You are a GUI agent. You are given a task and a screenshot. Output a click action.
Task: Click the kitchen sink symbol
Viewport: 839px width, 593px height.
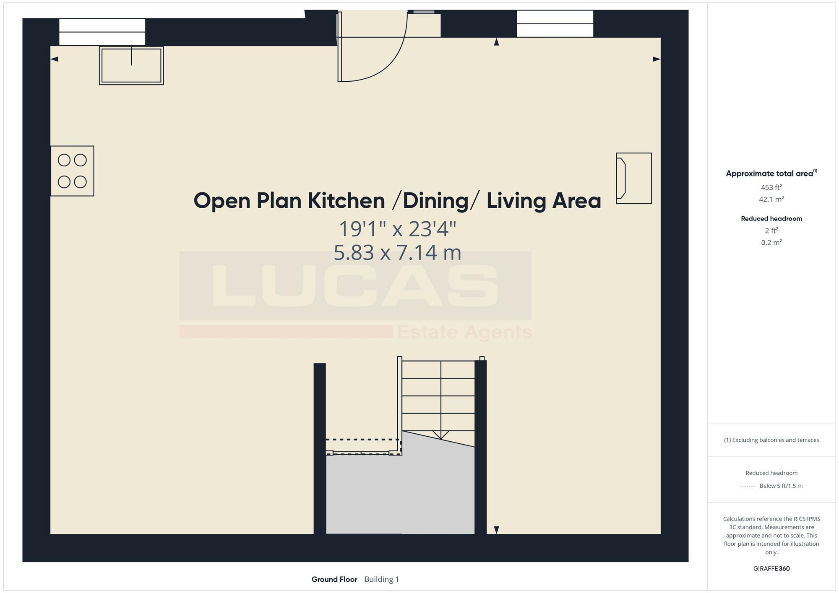click(x=131, y=65)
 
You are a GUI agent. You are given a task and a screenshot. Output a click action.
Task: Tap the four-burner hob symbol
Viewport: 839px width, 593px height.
click(x=72, y=171)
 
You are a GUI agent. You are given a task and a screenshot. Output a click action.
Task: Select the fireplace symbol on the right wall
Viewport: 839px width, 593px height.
click(x=633, y=178)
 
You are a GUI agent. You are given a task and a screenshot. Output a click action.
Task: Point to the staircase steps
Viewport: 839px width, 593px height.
click(x=438, y=396)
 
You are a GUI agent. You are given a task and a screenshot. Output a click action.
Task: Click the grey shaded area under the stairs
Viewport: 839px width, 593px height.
click(x=399, y=495)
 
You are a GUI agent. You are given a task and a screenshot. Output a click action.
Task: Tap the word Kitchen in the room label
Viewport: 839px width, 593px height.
click(x=346, y=201)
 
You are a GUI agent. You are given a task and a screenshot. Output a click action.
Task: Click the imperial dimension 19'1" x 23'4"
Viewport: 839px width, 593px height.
click(x=397, y=229)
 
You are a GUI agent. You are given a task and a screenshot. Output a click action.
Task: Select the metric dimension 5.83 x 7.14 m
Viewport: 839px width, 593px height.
click(x=397, y=253)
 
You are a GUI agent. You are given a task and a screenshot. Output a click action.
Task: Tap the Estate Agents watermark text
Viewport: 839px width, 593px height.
click(x=464, y=332)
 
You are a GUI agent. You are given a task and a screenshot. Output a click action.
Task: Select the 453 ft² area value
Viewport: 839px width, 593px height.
click(x=771, y=187)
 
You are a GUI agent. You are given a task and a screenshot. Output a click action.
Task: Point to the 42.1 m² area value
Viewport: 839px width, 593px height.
click(x=771, y=199)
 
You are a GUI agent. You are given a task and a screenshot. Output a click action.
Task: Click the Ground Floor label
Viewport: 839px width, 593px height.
click(x=334, y=579)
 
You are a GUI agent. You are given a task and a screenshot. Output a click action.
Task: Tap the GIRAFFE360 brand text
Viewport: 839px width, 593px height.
click(x=771, y=569)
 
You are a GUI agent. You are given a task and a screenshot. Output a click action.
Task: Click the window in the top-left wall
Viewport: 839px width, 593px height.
click(x=102, y=32)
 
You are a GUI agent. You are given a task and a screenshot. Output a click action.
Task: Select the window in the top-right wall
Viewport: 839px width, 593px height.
click(x=555, y=24)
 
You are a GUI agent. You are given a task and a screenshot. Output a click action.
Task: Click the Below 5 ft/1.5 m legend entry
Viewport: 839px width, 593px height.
click(x=780, y=486)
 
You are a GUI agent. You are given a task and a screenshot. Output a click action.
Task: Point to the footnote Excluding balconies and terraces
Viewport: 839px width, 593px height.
click(x=771, y=440)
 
